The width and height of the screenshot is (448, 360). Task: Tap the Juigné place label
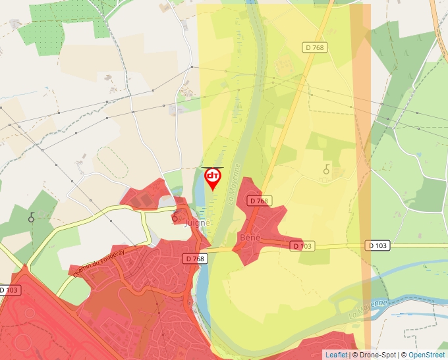[x=198, y=223]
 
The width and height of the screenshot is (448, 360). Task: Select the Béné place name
[x=251, y=237]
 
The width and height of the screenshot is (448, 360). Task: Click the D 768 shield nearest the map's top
[x=316, y=47]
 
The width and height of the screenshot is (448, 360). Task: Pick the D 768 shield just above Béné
[x=259, y=201]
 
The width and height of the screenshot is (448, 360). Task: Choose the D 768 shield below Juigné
[x=196, y=259]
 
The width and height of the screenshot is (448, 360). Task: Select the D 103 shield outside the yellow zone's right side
[x=378, y=245]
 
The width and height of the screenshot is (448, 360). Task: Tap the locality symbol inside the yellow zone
[x=326, y=170]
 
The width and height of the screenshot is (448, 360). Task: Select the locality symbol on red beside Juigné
[x=175, y=218]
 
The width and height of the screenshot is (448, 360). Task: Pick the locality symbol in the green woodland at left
[x=31, y=217]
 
